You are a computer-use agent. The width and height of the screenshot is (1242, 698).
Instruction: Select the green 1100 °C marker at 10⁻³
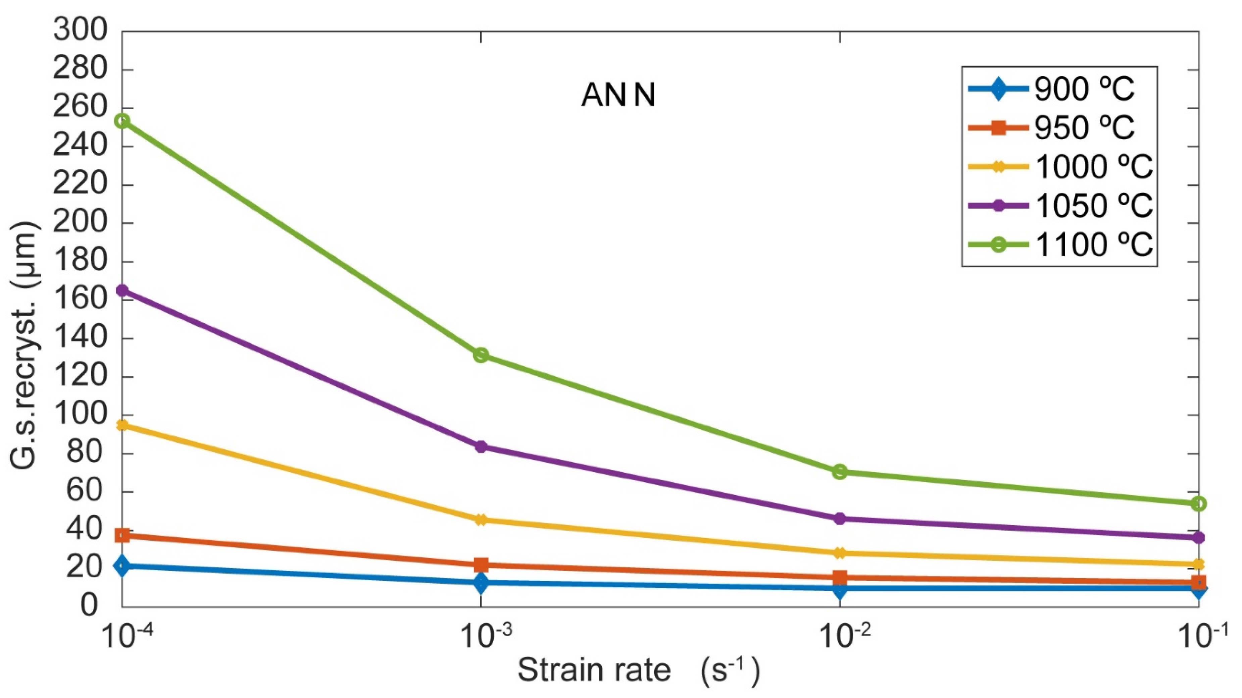click(x=481, y=355)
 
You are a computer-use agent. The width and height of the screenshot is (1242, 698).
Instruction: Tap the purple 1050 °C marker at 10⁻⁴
click(x=122, y=290)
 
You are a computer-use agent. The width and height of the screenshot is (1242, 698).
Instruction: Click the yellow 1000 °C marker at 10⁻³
click(x=481, y=520)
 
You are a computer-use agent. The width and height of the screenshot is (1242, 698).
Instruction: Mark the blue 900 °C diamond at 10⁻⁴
click(x=122, y=566)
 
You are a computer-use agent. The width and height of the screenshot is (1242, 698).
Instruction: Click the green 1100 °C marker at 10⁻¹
click(x=1198, y=504)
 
